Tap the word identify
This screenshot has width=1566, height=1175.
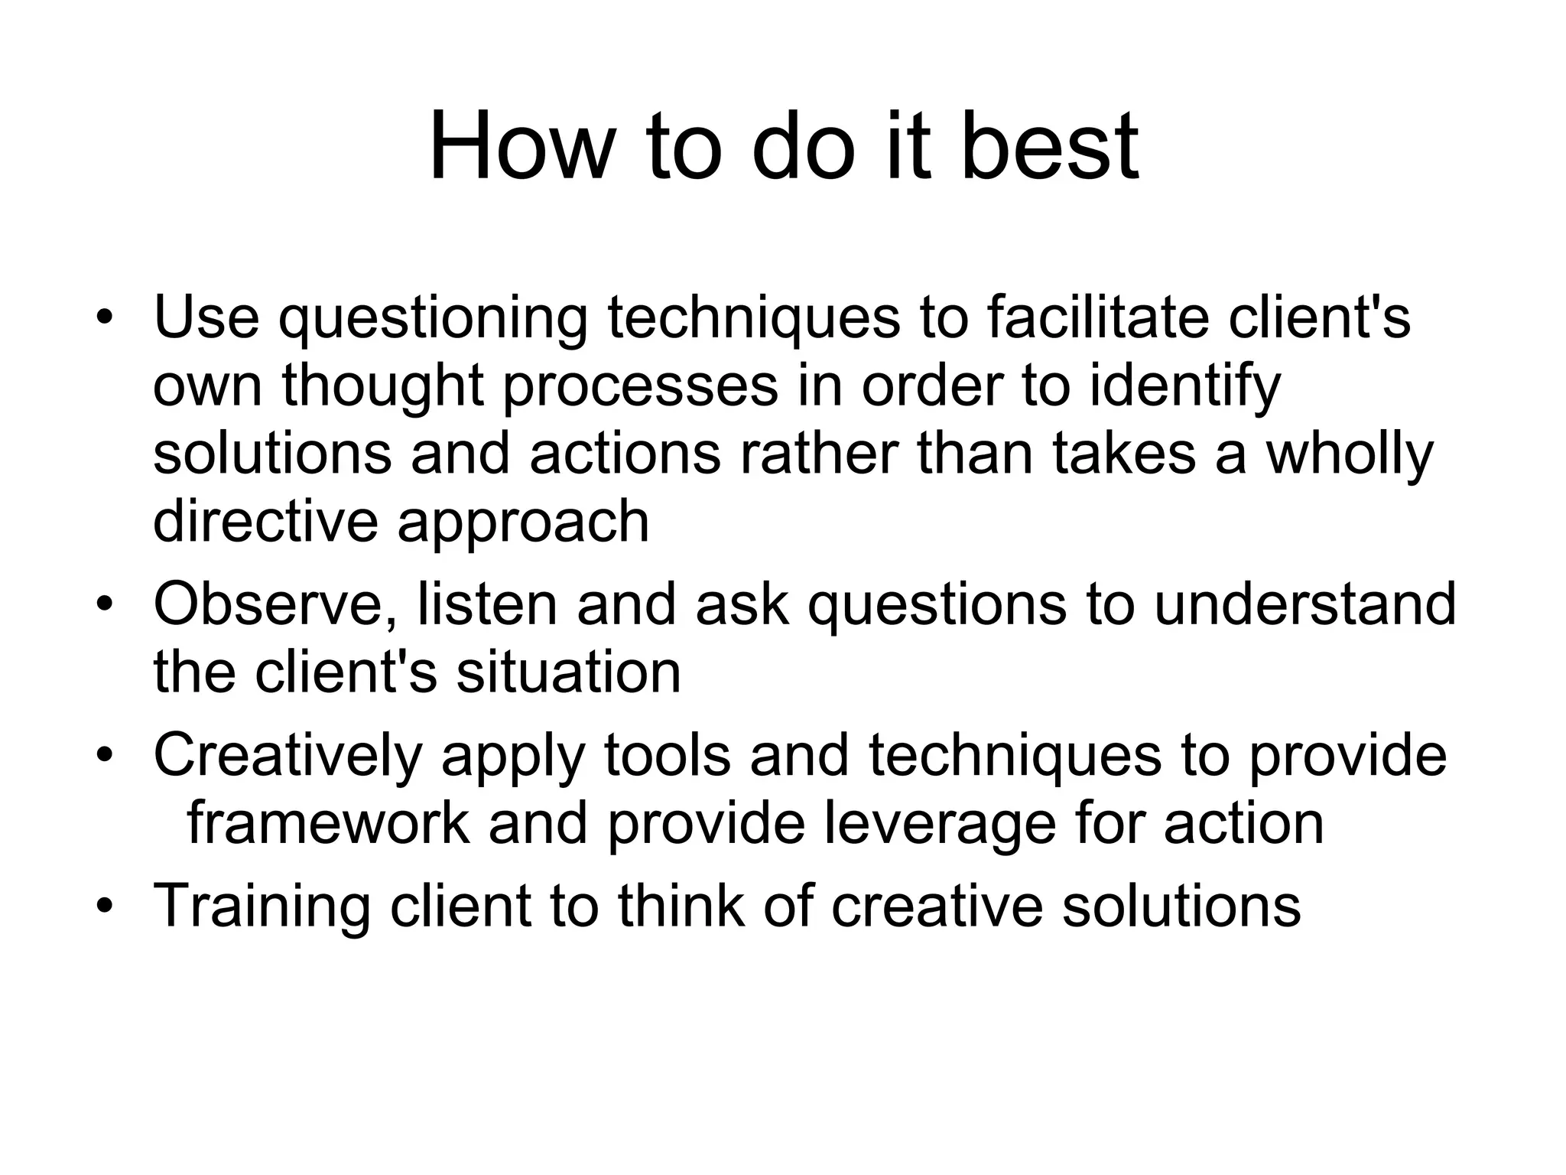[1184, 385]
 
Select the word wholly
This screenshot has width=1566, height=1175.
[1350, 453]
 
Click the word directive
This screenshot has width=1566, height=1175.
[265, 521]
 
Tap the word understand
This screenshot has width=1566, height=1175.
[1304, 604]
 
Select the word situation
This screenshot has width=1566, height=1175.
[568, 672]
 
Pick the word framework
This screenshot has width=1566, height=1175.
[328, 823]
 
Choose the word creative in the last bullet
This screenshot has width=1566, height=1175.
[937, 906]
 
